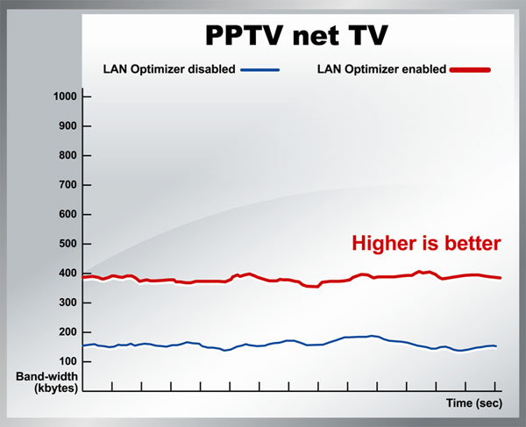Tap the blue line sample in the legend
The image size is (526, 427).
(259, 69)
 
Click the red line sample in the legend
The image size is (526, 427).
(470, 69)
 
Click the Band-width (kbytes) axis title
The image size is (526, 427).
(47, 381)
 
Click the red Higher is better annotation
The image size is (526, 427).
(426, 243)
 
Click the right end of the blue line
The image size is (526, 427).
(496, 346)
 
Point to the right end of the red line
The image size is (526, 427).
(500, 278)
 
